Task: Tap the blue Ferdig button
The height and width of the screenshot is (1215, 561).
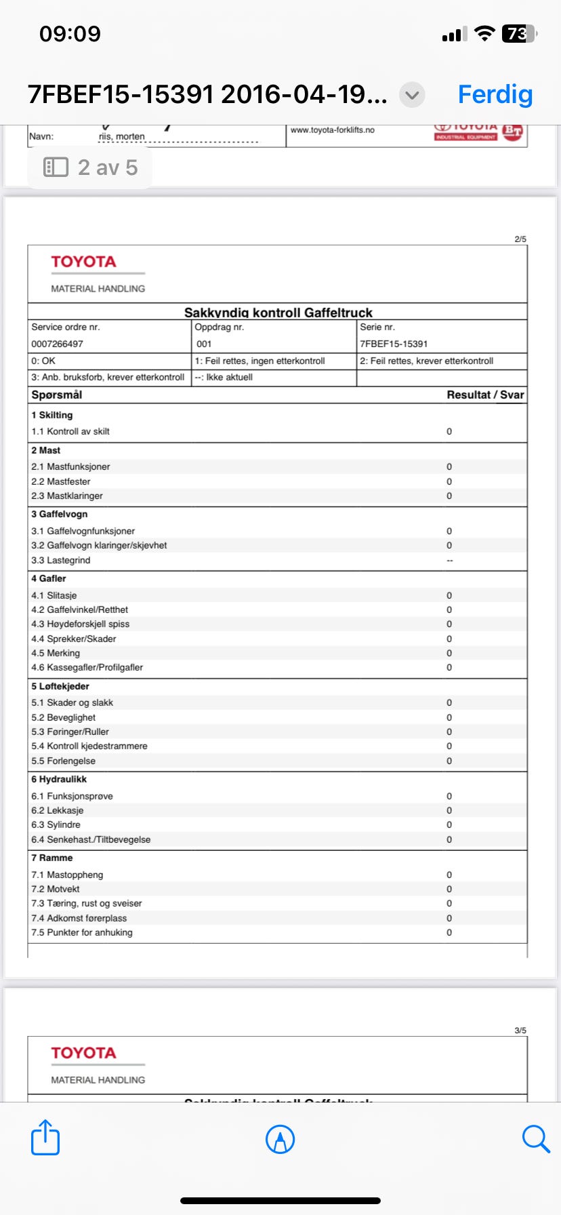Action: click(x=495, y=94)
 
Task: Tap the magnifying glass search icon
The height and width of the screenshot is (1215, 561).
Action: click(x=535, y=1138)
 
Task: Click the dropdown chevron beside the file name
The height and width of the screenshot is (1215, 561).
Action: click(x=412, y=95)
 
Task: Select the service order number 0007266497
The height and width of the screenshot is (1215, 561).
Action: click(x=58, y=344)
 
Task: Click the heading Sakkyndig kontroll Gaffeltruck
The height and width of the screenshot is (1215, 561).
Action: click(x=278, y=313)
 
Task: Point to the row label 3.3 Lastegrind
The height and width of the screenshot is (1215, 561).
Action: click(x=61, y=560)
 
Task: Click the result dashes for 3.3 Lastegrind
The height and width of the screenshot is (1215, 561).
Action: click(x=449, y=561)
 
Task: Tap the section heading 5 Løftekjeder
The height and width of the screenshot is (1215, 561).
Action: click(x=60, y=686)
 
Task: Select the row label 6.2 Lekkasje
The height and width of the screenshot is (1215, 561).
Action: click(x=58, y=810)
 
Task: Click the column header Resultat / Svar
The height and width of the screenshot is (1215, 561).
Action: click(x=485, y=395)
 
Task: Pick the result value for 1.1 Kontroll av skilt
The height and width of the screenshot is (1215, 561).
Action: click(x=449, y=431)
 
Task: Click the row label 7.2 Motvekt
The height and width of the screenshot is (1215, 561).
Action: click(x=56, y=889)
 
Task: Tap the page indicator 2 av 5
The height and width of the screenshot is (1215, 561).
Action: click(x=91, y=167)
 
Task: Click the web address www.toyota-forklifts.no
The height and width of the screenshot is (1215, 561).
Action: click(x=332, y=130)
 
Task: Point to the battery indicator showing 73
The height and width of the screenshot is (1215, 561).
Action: click(x=518, y=34)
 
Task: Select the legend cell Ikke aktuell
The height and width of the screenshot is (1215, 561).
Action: click(x=224, y=377)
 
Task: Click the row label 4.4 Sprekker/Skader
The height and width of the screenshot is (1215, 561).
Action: click(x=74, y=639)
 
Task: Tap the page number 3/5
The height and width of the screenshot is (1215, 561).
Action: click(x=520, y=1031)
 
